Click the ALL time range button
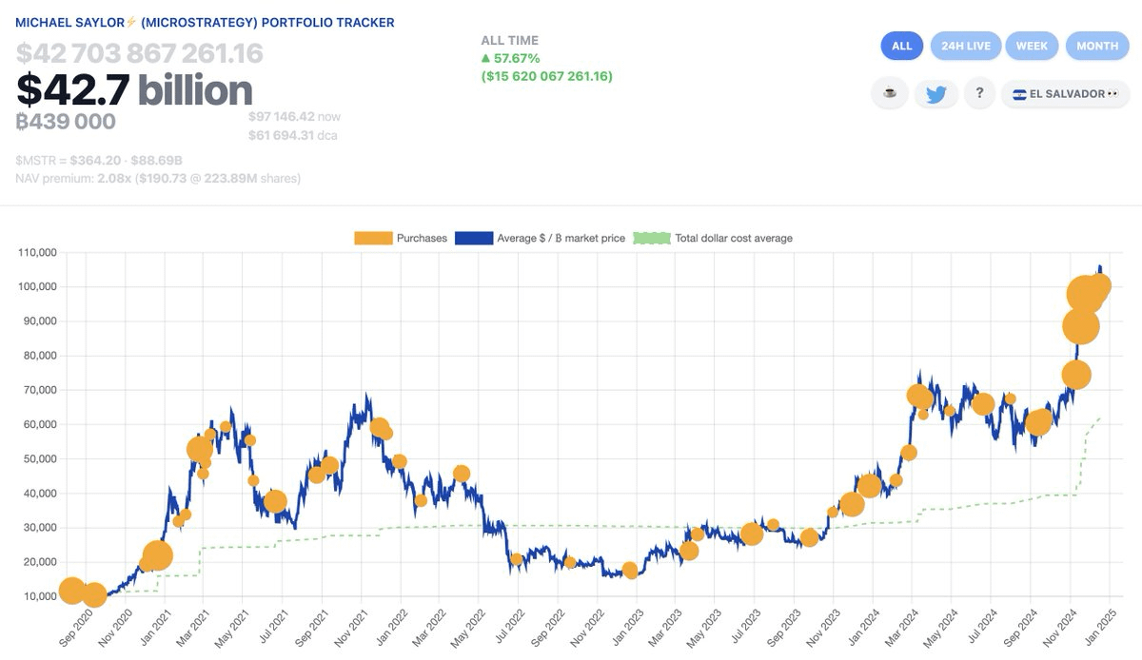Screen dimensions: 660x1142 pyautogui.click(x=901, y=46)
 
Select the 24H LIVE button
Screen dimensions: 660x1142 pyautogui.click(x=965, y=46)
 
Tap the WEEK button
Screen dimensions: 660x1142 pyautogui.click(x=1031, y=46)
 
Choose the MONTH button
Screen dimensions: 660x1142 pyautogui.click(x=1096, y=46)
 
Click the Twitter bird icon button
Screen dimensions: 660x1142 pyautogui.click(x=935, y=94)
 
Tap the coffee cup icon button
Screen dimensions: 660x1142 pyautogui.click(x=889, y=94)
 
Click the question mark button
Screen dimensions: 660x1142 pyautogui.click(x=979, y=93)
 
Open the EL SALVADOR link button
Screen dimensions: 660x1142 pyautogui.click(x=1064, y=94)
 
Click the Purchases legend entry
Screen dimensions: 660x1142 pyautogui.click(x=401, y=238)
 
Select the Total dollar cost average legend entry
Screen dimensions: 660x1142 pyautogui.click(x=715, y=238)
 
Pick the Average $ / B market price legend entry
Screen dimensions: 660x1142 pyautogui.click(x=540, y=238)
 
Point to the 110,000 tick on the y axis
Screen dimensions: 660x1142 pyautogui.click(x=38, y=253)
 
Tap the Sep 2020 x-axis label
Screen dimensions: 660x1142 pyautogui.click(x=67, y=628)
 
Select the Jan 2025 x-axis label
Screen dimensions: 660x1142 pyautogui.click(x=1105, y=628)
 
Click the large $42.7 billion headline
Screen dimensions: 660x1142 pyautogui.click(x=134, y=90)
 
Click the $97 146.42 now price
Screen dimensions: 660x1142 pyautogui.click(x=283, y=116)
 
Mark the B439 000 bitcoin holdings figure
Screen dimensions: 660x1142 pyautogui.click(x=66, y=122)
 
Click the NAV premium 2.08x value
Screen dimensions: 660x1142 pyautogui.click(x=113, y=178)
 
